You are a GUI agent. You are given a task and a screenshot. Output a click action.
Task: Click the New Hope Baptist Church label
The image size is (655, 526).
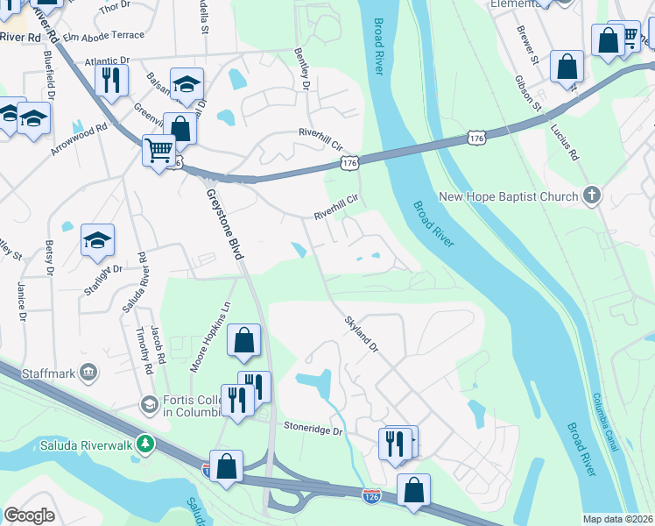tap(508, 196)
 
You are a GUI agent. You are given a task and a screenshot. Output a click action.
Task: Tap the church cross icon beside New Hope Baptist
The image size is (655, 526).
tap(592, 195)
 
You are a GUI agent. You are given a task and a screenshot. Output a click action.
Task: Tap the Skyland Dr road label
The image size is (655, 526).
tap(360, 334)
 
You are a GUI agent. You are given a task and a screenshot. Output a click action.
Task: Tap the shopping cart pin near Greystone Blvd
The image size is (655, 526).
tap(158, 151)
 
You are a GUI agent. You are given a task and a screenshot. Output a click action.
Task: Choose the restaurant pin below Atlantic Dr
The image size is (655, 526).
tap(111, 80)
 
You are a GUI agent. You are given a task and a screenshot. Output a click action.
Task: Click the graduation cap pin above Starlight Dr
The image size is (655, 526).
tap(97, 239)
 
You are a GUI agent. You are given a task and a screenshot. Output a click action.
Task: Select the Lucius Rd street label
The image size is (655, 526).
tap(565, 141)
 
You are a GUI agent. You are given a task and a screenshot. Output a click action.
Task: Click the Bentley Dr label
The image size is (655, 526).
tap(303, 70)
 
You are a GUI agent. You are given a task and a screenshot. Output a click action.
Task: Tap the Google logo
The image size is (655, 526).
tap(29, 515)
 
